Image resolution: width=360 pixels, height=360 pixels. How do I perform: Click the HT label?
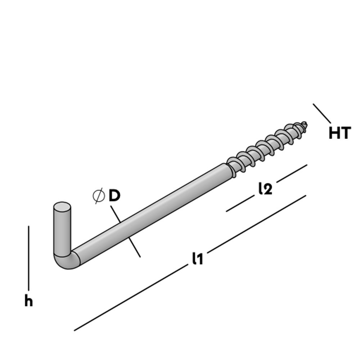coord(339,133)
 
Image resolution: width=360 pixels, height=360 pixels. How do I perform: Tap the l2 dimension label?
coord(265,189)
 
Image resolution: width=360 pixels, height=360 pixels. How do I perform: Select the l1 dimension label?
coord(197,258)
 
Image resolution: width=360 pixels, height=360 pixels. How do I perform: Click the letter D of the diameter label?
coord(114,196)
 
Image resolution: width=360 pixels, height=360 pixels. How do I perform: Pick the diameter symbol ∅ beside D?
coord(98,196)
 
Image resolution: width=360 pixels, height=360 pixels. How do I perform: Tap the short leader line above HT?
coord(321,113)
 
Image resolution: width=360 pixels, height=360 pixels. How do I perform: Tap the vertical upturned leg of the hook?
coord(62,230)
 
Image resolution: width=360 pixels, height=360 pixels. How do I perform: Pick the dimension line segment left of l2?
coord(239,204)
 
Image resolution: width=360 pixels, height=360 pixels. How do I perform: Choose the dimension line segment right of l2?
coord(292,173)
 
